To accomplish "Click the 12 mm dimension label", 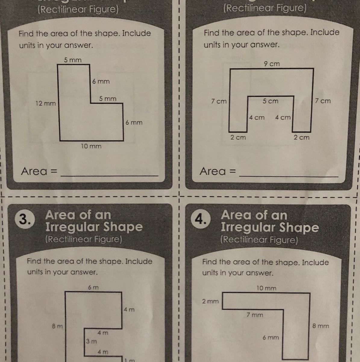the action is click(x=46, y=103).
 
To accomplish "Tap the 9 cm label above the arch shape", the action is click(x=272, y=64).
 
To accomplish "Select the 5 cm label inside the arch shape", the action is click(x=270, y=101).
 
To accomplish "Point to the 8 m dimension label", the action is click(x=57, y=326).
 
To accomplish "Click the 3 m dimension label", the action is click(x=91, y=341).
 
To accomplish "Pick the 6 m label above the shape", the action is click(x=93, y=287).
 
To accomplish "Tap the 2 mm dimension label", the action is click(x=210, y=301).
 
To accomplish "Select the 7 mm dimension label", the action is click(x=255, y=315).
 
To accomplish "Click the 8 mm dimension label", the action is click(x=321, y=326).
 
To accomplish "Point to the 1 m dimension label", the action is click(x=130, y=360).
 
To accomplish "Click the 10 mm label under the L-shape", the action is click(x=91, y=146).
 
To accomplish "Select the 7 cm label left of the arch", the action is click(x=219, y=101).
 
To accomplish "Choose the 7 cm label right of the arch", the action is click(x=323, y=101).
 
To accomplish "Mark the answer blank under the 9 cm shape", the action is click(x=289, y=176).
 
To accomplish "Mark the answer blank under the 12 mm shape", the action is click(x=110, y=176).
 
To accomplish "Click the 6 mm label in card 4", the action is click(x=271, y=338).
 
